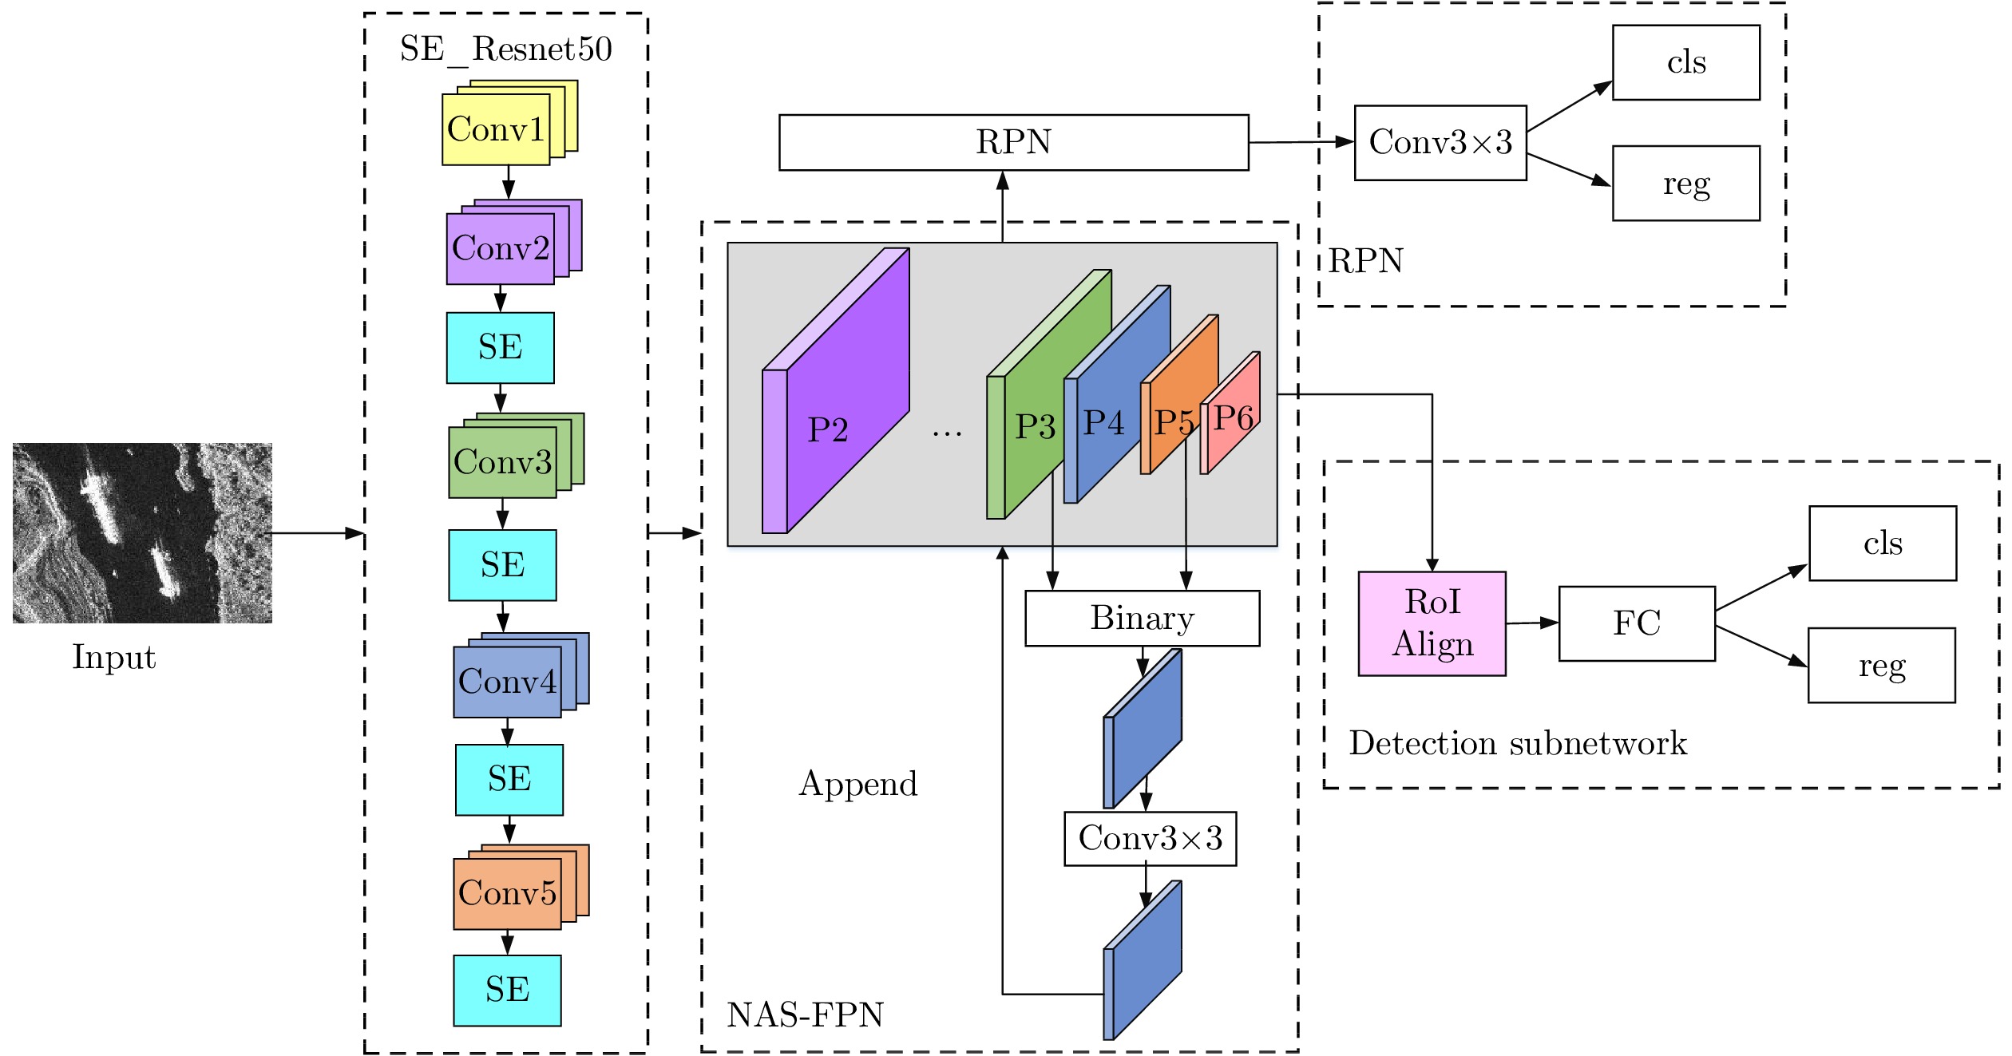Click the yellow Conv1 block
[496, 129]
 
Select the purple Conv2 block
[501, 248]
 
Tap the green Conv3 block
[502, 462]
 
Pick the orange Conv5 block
[507, 893]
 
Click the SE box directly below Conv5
[507, 990]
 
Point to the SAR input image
[142, 532]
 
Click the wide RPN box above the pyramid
[1013, 142]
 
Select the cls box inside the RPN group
[1685, 62]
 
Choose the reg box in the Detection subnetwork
[1881, 665]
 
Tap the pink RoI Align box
[1432, 623]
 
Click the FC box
[1636, 623]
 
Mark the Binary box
[1142, 618]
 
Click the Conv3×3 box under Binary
[1150, 838]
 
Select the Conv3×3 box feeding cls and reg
[1440, 143]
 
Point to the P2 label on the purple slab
[827, 430]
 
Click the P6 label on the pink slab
[1233, 417]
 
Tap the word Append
[858, 784]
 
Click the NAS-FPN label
[805, 1014]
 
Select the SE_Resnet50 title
[505, 49]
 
